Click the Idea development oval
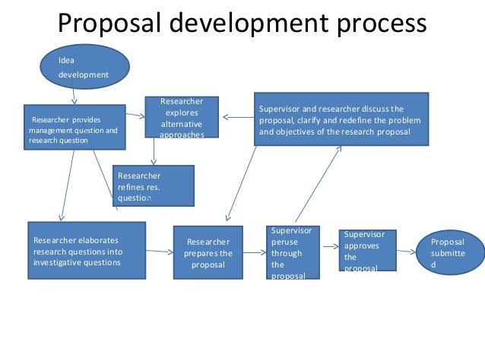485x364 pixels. (x=86, y=66)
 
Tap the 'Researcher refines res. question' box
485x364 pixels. (x=153, y=185)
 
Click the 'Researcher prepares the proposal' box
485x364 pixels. (x=208, y=253)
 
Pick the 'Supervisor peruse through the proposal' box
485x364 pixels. (x=293, y=252)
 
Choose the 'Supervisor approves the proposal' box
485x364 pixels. (x=368, y=250)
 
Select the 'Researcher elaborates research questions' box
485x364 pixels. (x=86, y=251)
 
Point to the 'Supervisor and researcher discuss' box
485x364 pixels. (x=340, y=119)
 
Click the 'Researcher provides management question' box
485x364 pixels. (x=74, y=127)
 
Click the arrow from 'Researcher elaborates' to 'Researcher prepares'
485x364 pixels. (x=159, y=252)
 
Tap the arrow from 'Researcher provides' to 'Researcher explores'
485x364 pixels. (x=135, y=116)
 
